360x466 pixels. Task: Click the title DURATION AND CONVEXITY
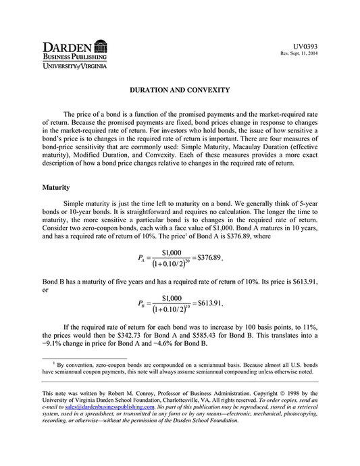point(180,90)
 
